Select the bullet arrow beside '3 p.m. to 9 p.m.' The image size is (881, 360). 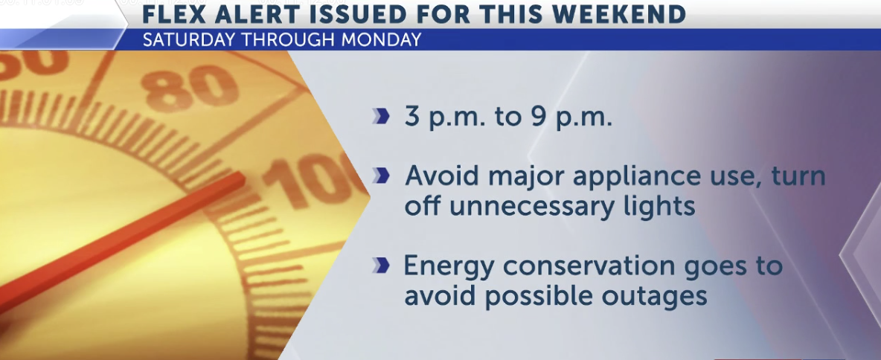coord(381,118)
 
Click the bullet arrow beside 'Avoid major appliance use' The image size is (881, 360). coord(381,176)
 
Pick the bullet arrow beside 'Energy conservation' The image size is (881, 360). coord(381,266)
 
